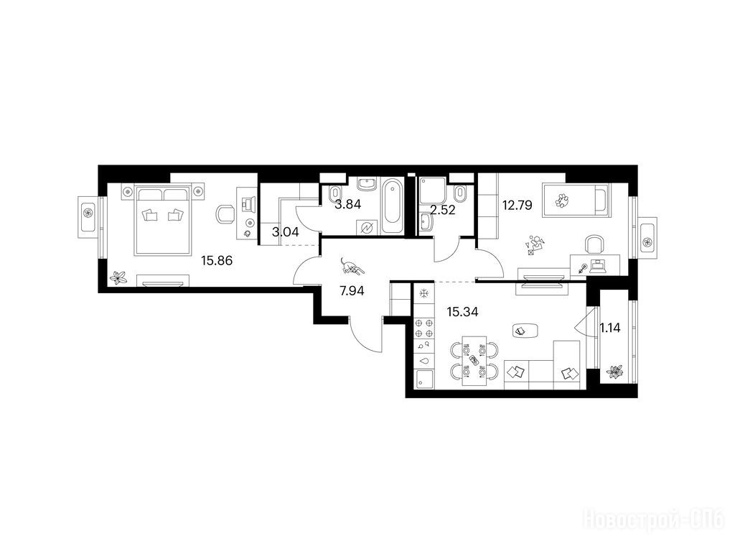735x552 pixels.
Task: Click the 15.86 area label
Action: click(x=217, y=260)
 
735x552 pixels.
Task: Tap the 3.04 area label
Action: click(x=286, y=231)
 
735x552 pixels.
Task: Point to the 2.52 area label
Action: click(x=442, y=210)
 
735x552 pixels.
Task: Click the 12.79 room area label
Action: click(x=517, y=205)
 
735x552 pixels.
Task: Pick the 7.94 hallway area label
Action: click(x=352, y=291)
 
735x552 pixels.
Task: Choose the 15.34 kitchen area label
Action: click(x=462, y=312)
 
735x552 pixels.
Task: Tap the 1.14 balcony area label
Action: click(x=610, y=328)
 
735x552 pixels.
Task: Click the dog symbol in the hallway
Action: click(x=351, y=266)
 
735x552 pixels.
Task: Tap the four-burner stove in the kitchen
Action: click(x=424, y=328)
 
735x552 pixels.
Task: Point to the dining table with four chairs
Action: click(x=474, y=361)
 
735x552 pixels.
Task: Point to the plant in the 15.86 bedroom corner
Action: click(x=118, y=277)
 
